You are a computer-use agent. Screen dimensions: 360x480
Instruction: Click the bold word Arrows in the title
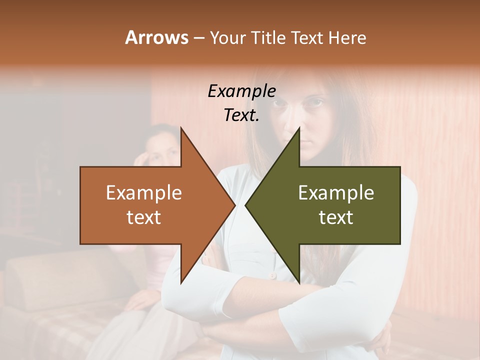click(x=156, y=37)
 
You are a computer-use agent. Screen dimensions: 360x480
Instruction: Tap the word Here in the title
click(x=347, y=37)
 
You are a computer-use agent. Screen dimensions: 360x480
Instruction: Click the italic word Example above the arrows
click(x=241, y=91)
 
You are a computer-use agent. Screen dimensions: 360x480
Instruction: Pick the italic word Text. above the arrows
click(x=241, y=115)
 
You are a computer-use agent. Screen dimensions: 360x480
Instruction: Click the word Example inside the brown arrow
click(x=144, y=193)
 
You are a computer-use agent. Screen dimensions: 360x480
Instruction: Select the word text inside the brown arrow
click(x=144, y=217)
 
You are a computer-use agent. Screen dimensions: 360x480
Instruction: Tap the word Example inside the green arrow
click(x=336, y=193)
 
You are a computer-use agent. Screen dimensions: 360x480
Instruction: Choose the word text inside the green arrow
click(x=336, y=217)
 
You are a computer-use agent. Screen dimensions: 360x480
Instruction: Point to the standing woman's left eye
click(x=314, y=103)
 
